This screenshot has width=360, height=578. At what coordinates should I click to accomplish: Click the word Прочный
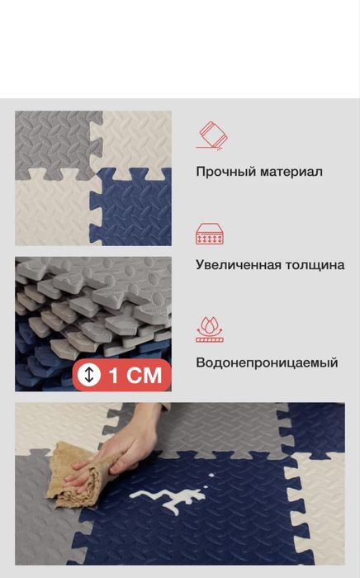click(221, 172)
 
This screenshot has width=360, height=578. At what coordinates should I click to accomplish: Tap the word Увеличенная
click(239, 265)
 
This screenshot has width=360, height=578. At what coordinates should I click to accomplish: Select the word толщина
click(314, 265)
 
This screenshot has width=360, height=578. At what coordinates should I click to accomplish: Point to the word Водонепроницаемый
click(267, 362)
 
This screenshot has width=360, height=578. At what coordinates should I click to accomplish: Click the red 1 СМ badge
click(122, 375)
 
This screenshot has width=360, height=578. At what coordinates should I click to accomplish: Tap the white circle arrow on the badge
click(89, 375)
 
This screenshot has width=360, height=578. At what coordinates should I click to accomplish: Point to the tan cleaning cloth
click(78, 475)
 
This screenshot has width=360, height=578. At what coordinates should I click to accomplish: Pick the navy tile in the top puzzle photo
click(136, 211)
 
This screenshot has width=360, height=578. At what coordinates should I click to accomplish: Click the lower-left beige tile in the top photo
click(50, 211)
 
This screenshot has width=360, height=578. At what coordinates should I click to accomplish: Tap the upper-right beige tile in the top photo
click(136, 136)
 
